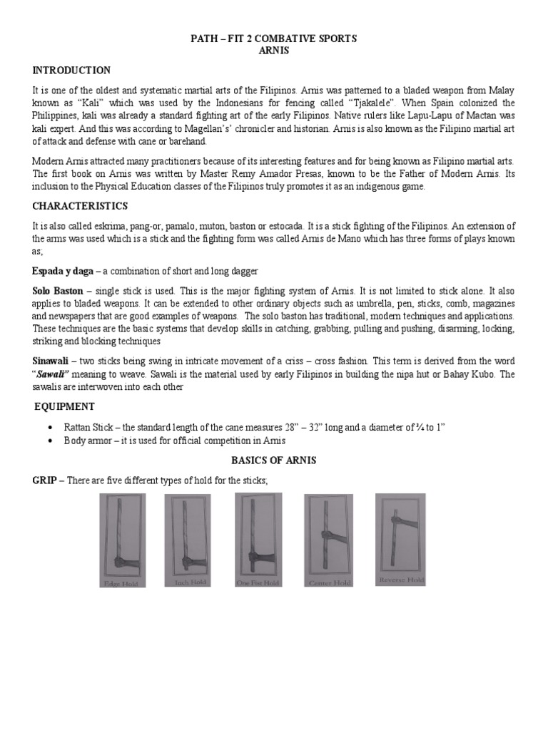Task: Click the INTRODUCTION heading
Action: click(71, 70)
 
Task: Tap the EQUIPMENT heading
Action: click(65, 406)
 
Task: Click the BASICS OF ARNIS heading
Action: click(274, 461)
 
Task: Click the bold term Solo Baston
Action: click(58, 292)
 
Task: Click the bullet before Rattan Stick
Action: click(49, 427)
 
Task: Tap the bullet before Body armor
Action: click(49, 441)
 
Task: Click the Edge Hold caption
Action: click(122, 582)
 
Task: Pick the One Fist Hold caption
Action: click(258, 582)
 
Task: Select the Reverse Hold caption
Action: click(402, 580)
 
